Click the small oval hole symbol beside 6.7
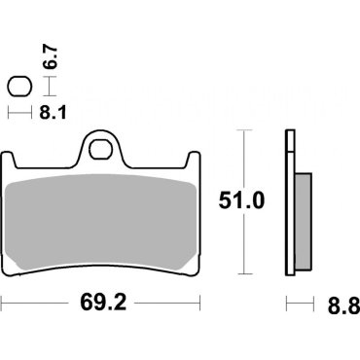[x=17, y=86]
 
